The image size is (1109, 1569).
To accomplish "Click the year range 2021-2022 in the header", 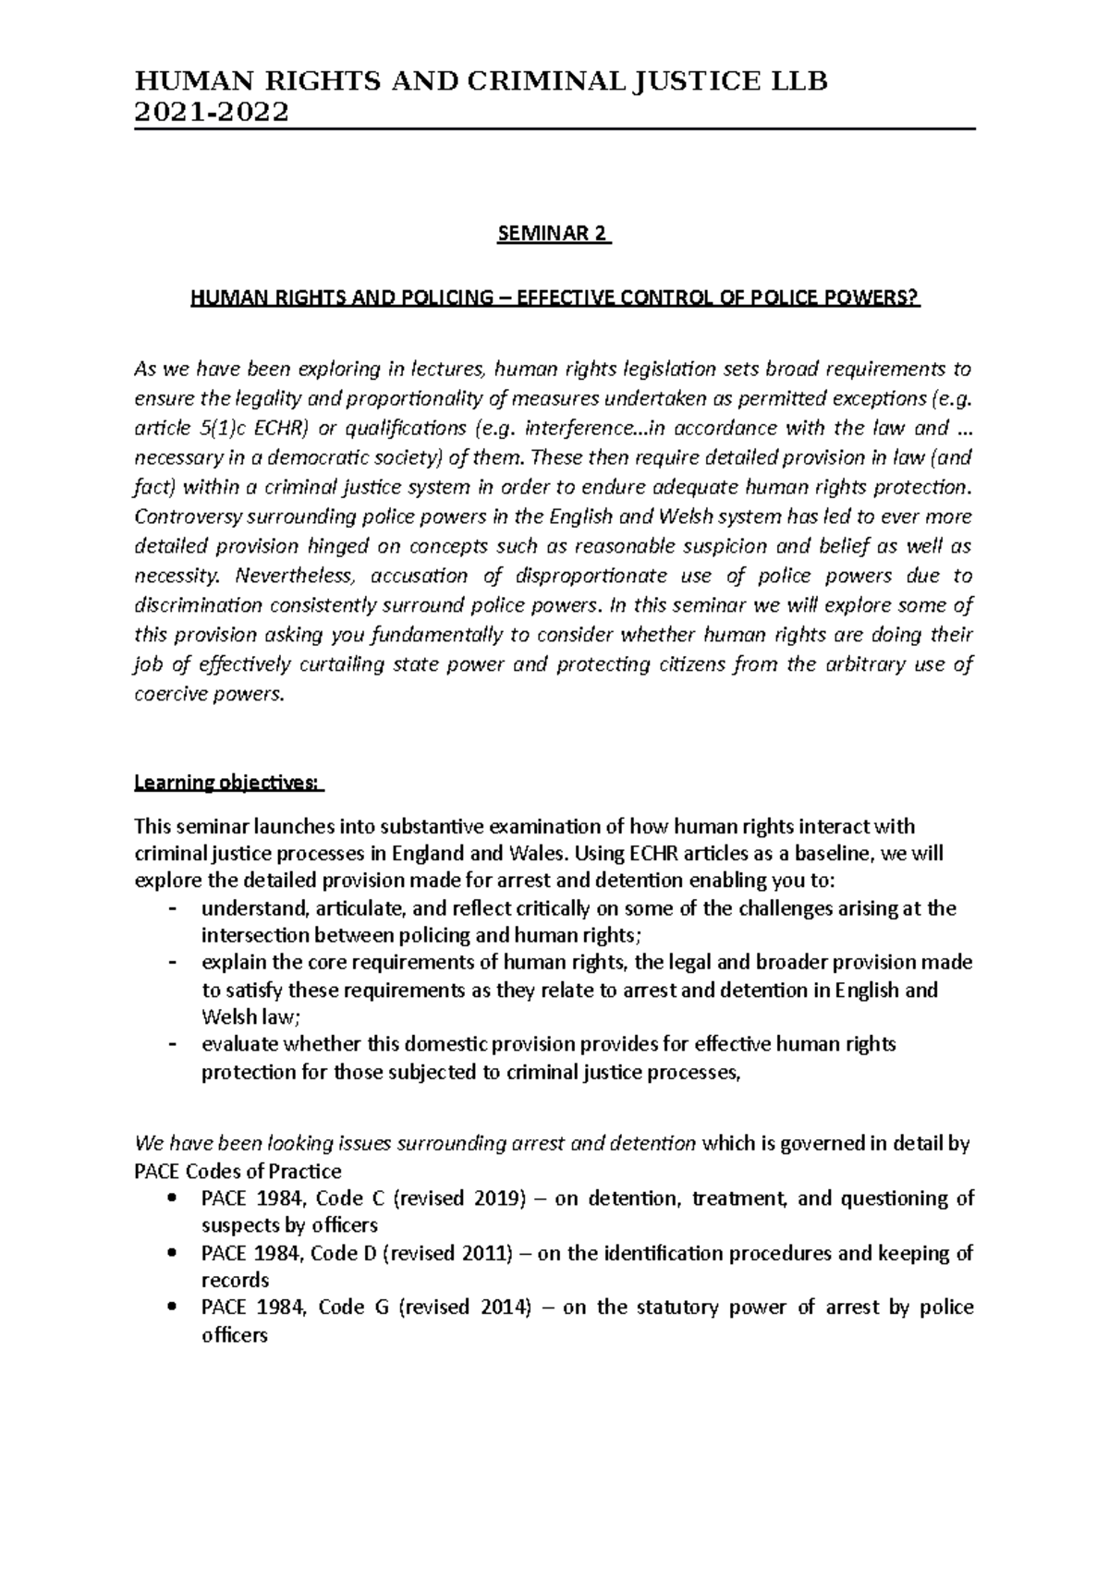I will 212,112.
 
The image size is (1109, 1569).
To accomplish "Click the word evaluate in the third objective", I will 238,1045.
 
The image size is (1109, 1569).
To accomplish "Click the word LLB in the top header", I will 801,81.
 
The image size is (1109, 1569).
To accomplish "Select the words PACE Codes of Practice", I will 238,1172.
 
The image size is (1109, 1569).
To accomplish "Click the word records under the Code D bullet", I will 235,1280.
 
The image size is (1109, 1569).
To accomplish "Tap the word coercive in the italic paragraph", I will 171,694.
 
